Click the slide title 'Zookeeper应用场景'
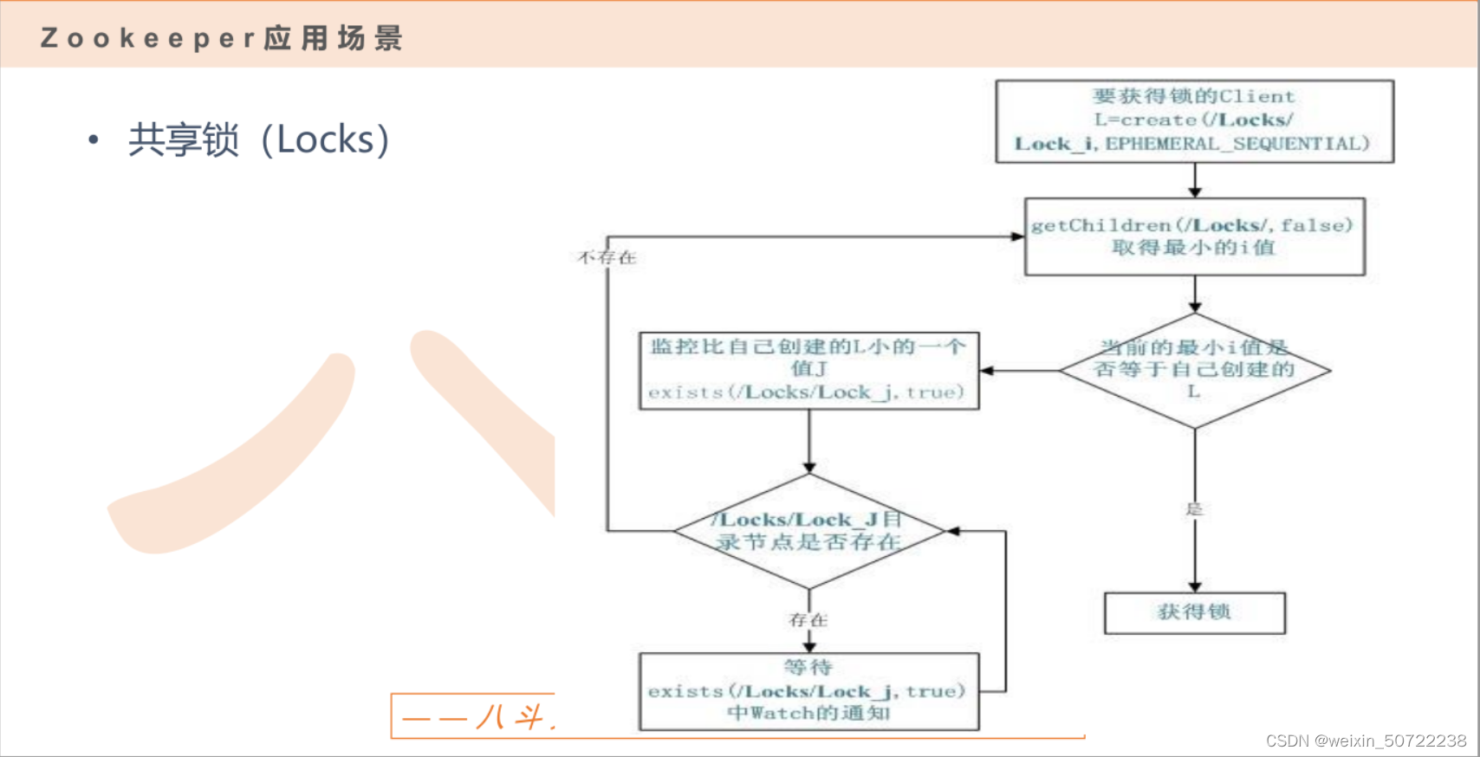[x=222, y=38]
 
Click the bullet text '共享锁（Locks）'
[x=259, y=139]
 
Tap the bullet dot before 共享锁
[x=94, y=139]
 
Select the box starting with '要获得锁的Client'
[x=1194, y=121]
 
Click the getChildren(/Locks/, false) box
[x=1194, y=236]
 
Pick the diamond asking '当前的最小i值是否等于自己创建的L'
[x=1194, y=371]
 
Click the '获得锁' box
[x=1194, y=612]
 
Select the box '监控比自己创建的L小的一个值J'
[x=808, y=370]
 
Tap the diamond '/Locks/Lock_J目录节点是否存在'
[x=808, y=531]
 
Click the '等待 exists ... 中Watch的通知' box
[x=808, y=691]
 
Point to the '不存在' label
[x=607, y=257]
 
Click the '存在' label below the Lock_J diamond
[x=808, y=620]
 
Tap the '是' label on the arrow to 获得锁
[x=1194, y=508]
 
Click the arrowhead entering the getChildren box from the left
[x=1018, y=236]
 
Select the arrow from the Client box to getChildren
[x=1194, y=181]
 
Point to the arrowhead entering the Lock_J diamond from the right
[x=953, y=531]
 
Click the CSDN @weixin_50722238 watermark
[x=1366, y=741]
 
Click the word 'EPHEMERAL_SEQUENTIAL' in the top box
[x=1237, y=144]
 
